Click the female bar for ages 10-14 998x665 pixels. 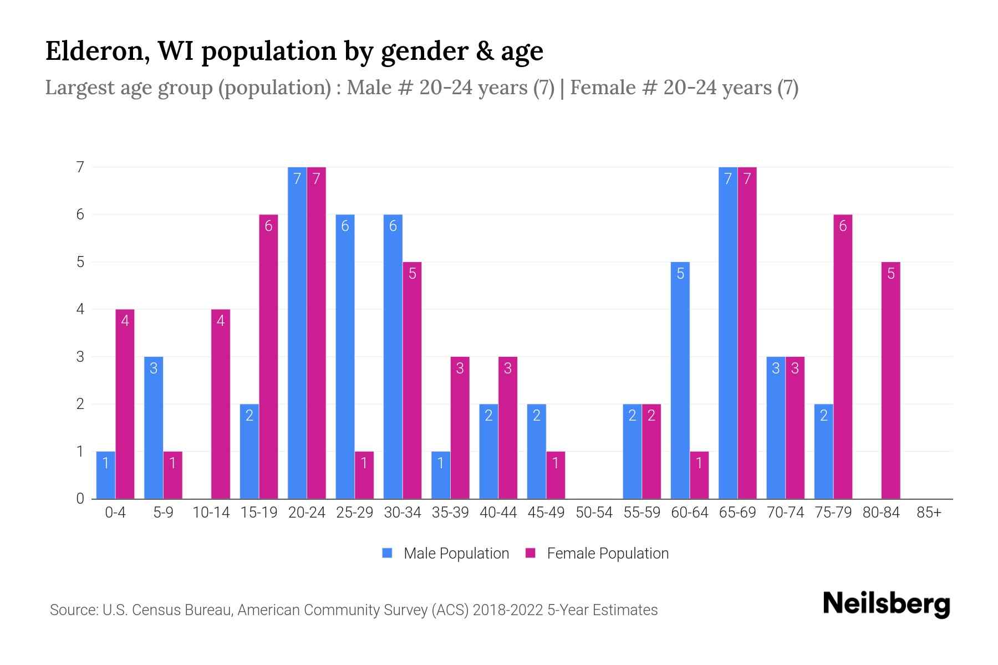click(x=220, y=404)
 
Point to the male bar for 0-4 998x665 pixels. click(x=105, y=475)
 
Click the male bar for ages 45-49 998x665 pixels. click(x=536, y=451)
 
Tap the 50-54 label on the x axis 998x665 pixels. click(x=594, y=513)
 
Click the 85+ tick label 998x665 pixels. click(x=929, y=513)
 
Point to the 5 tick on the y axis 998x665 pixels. click(x=81, y=262)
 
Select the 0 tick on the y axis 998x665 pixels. click(x=81, y=499)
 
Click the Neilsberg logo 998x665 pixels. click(x=886, y=604)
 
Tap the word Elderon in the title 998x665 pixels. click(x=94, y=51)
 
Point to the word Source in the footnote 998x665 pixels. click(x=72, y=610)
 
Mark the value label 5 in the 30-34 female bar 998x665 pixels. click(x=412, y=274)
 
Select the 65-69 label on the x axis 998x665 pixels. click(x=737, y=513)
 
